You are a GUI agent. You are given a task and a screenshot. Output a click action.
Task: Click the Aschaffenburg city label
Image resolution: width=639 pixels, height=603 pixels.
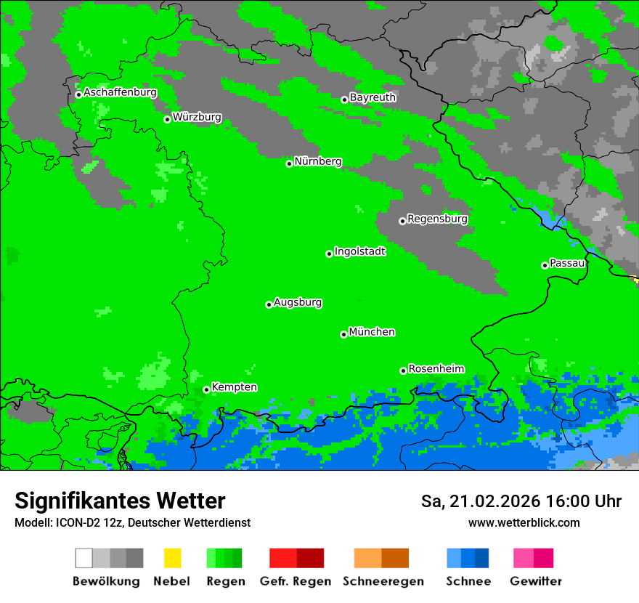[x=120, y=93]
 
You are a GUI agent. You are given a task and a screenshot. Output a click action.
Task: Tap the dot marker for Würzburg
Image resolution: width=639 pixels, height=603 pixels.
[x=167, y=119]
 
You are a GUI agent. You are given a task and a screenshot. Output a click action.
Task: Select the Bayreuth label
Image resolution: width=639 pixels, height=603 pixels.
[x=373, y=97]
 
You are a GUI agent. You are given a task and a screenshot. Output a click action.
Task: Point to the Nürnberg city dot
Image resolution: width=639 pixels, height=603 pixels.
[x=289, y=163]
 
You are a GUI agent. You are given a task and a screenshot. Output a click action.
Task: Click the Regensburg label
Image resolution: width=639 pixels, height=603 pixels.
[x=437, y=219]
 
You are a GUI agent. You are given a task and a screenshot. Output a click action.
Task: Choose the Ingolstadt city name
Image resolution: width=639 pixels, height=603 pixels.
[x=359, y=251]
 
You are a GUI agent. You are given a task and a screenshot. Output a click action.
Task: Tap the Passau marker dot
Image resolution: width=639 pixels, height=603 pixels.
[x=545, y=265]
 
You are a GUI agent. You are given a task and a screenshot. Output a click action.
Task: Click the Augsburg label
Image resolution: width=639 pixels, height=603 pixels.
[x=298, y=302]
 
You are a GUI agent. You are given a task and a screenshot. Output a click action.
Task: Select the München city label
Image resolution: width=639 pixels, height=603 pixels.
[x=372, y=332]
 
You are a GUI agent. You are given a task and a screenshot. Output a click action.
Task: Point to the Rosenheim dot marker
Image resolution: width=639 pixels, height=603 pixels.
[x=403, y=371]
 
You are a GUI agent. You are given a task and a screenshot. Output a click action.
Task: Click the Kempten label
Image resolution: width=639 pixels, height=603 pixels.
[x=234, y=387]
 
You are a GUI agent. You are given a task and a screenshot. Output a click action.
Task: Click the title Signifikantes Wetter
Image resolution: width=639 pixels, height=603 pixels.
[x=120, y=501]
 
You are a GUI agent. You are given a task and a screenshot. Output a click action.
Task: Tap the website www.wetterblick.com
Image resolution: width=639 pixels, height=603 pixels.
[x=524, y=522]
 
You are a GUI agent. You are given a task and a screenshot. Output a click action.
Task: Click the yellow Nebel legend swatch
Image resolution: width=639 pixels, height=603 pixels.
[x=172, y=558]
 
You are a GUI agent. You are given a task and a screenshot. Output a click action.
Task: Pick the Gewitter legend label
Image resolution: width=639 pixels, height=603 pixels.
[x=535, y=581]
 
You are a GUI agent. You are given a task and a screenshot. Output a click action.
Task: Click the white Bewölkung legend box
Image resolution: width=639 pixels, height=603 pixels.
[x=84, y=558]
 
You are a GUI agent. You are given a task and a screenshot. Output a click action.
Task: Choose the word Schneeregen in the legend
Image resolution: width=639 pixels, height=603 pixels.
[x=383, y=581]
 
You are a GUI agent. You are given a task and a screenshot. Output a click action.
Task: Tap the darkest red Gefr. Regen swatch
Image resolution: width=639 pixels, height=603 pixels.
[x=310, y=558]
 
